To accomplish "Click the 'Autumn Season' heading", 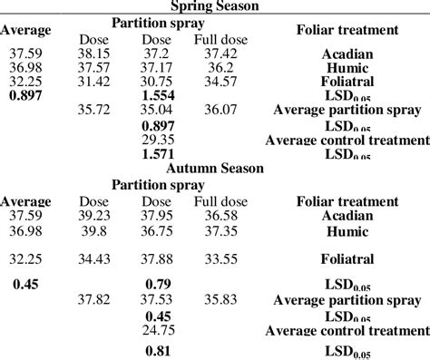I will (214, 169).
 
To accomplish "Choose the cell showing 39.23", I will (94, 216).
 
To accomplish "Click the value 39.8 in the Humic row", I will (94, 231).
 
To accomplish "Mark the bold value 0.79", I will (158, 286).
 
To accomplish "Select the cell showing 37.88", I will (158, 258).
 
